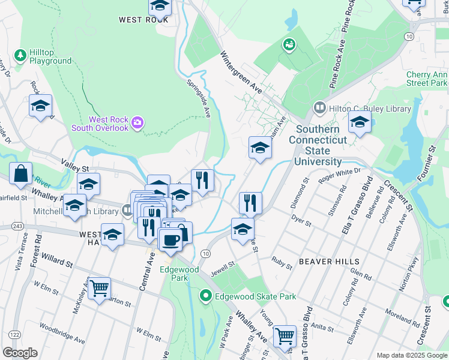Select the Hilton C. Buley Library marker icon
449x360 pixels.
coord(319,109)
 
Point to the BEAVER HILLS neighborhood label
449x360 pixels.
coord(329,262)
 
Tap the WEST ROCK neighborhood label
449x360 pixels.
coord(143,20)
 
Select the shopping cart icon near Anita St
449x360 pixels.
coord(285,336)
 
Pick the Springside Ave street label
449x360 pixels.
coord(199,98)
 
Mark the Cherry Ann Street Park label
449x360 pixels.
coord(426,79)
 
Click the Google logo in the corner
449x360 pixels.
coord(20,353)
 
